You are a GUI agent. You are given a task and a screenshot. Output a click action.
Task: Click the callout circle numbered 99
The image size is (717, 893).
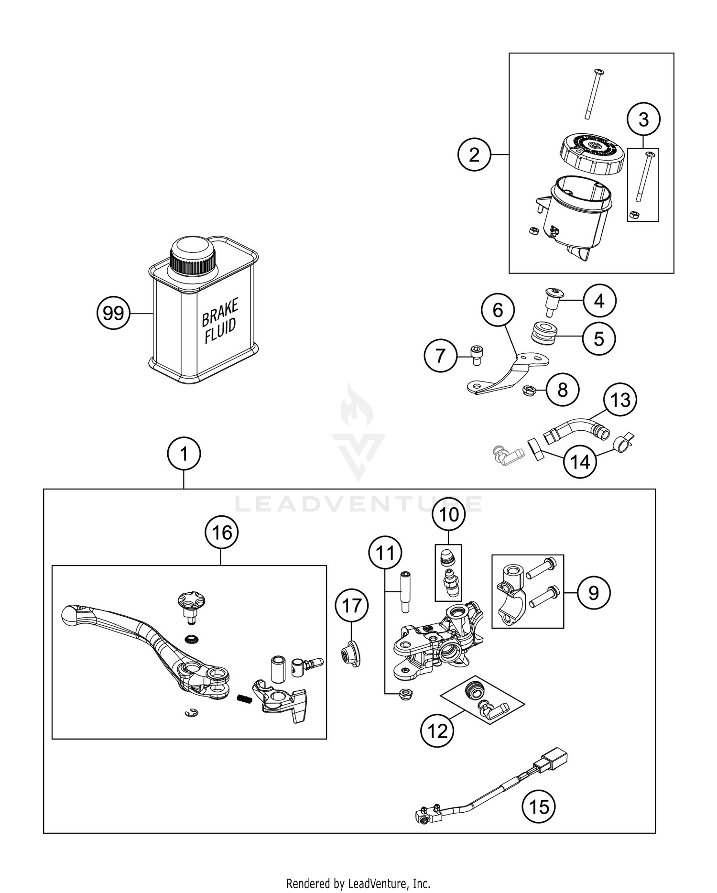tap(113, 313)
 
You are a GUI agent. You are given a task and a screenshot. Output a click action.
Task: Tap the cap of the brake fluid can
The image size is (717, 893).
tap(193, 257)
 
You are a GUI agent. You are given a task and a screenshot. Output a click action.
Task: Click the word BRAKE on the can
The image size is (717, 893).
tap(219, 313)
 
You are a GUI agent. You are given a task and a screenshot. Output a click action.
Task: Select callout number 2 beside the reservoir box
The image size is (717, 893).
tap(474, 154)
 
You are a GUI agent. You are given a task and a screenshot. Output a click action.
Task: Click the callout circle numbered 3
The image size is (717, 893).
tap(643, 119)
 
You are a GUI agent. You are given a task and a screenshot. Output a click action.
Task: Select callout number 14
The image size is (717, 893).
tap(580, 462)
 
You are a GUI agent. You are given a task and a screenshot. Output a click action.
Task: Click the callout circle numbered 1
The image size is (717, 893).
tap(184, 453)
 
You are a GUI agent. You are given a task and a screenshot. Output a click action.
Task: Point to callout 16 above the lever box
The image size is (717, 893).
tap(222, 532)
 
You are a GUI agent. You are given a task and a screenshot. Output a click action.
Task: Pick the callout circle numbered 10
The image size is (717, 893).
tap(448, 514)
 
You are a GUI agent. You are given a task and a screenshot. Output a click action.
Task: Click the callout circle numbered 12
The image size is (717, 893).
tap(437, 730)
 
